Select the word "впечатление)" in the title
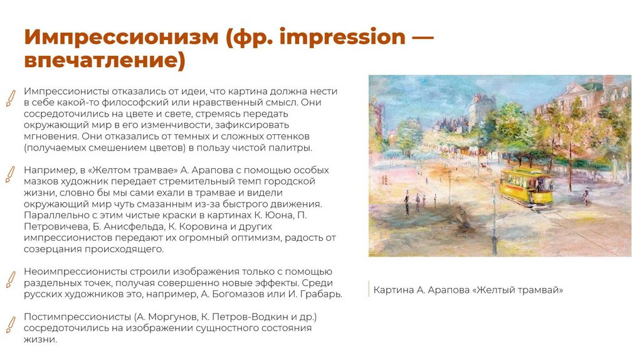pyautogui.click(x=105, y=61)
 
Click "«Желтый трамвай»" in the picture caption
pyautogui.click(x=518, y=290)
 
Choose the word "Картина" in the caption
pyautogui.click(x=393, y=290)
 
